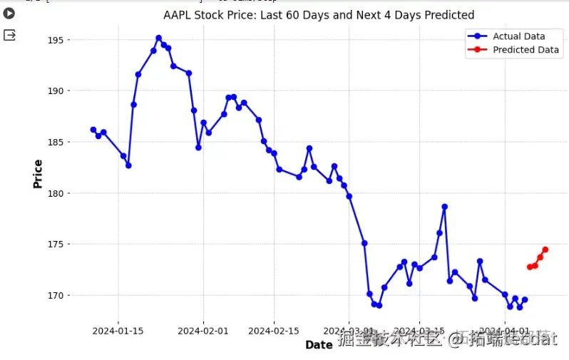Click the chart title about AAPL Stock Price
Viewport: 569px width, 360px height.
coord(319,15)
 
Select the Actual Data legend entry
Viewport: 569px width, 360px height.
coord(518,36)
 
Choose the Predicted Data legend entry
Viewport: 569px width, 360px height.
coord(526,50)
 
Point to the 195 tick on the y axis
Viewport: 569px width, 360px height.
coord(62,40)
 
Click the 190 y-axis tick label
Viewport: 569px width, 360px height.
coord(62,91)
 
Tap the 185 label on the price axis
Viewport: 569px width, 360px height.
coord(62,143)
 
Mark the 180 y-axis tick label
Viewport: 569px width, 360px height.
coord(62,193)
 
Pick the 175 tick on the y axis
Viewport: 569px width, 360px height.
coord(62,245)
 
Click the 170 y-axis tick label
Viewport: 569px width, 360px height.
coord(62,295)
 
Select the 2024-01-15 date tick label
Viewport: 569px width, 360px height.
coord(118,331)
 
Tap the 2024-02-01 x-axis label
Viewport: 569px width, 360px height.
coord(203,331)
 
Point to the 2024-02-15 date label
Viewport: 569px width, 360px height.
coord(274,331)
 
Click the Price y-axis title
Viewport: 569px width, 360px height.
coord(37,174)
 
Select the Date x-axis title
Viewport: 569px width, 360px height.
coord(319,345)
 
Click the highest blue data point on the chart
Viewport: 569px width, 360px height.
coord(158,38)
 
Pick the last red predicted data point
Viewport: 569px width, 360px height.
coord(545,250)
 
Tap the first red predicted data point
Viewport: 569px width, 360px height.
coord(530,267)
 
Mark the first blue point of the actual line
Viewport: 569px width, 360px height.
coord(93,130)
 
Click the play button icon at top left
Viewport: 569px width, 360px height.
coord(9,13)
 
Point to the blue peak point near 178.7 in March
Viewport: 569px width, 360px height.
coord(444,207)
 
